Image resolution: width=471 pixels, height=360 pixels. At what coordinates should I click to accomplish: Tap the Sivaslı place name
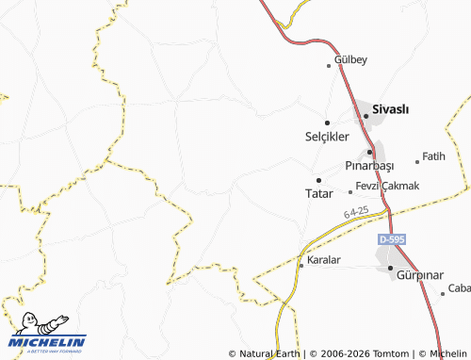391,109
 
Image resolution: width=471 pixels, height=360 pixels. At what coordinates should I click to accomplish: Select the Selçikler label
327,136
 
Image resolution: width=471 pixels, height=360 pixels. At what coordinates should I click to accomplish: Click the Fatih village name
433,156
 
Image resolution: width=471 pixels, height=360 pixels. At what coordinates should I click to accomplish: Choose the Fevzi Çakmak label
387,186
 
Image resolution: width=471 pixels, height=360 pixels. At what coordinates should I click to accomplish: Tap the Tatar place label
319,193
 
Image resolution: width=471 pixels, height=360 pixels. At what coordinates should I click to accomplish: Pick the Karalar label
323,259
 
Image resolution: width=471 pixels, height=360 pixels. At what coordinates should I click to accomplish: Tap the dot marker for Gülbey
329,65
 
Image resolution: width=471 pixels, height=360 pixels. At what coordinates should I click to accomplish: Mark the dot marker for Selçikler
327,123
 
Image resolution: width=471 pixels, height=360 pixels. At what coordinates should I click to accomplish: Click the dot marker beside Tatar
318,180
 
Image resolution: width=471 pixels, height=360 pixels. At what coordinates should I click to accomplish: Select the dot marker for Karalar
300,266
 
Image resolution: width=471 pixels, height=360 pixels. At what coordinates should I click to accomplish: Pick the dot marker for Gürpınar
390,269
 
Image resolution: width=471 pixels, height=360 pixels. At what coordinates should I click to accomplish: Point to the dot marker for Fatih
417,161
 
